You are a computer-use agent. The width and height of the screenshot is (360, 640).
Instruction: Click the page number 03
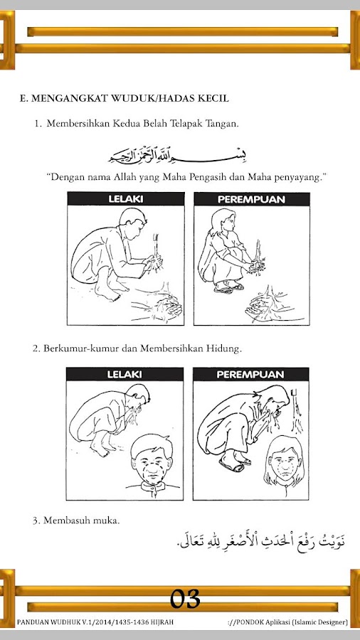[x=185, y=599]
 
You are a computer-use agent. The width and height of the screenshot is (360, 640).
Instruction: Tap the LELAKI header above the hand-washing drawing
[x=126, y=199]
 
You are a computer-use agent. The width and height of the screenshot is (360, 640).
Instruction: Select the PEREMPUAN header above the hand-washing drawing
[x=251, y=199]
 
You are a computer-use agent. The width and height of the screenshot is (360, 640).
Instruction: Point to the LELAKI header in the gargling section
[x=125, y=374]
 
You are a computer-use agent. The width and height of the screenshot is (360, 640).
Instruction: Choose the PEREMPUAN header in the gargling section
[x=250, y=374]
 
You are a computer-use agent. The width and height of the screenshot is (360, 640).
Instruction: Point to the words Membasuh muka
[x=82, y=521]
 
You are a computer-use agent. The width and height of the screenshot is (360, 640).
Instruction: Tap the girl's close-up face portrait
[x=284, y=462]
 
